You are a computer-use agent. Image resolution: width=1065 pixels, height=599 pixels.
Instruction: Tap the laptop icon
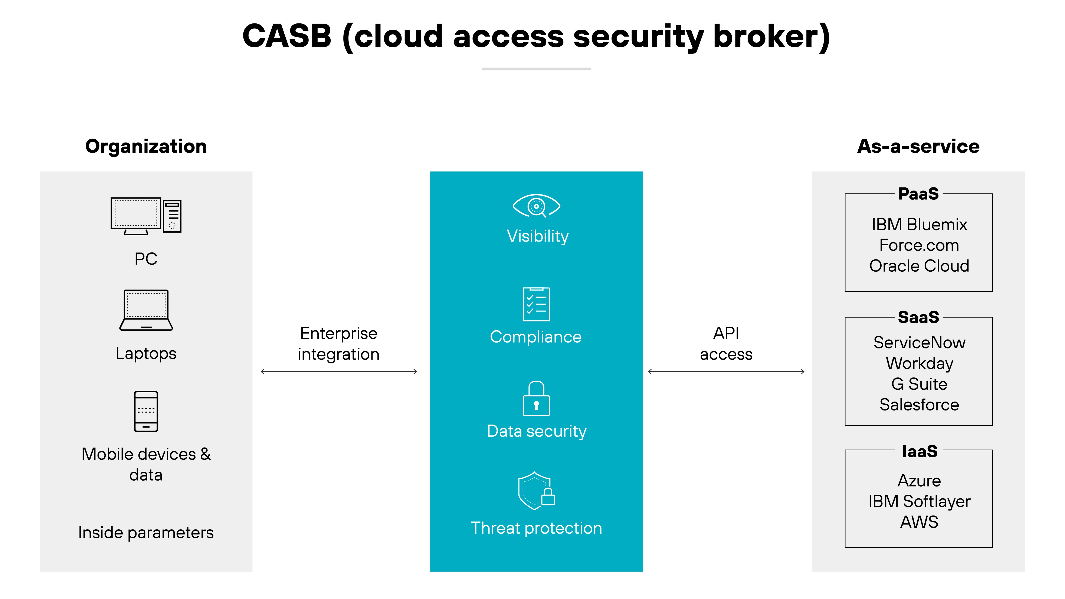click(x=146, y=310)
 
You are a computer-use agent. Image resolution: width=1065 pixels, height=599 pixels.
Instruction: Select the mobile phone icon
click(x=146, y=411)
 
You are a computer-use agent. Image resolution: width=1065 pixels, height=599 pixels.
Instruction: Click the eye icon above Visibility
click(x=536, y=206)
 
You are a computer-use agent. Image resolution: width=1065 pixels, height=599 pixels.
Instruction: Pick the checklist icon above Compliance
click(x=536, y=304)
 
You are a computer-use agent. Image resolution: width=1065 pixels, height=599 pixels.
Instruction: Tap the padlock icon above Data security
click(x=536, y=399)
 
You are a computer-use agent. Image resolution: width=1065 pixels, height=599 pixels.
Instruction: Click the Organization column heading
click(x=146, y=146)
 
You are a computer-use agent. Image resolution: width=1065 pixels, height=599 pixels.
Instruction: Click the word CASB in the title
click(x=287, y=36)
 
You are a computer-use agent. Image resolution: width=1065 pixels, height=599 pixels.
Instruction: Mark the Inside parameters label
click(x=146, y=533)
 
